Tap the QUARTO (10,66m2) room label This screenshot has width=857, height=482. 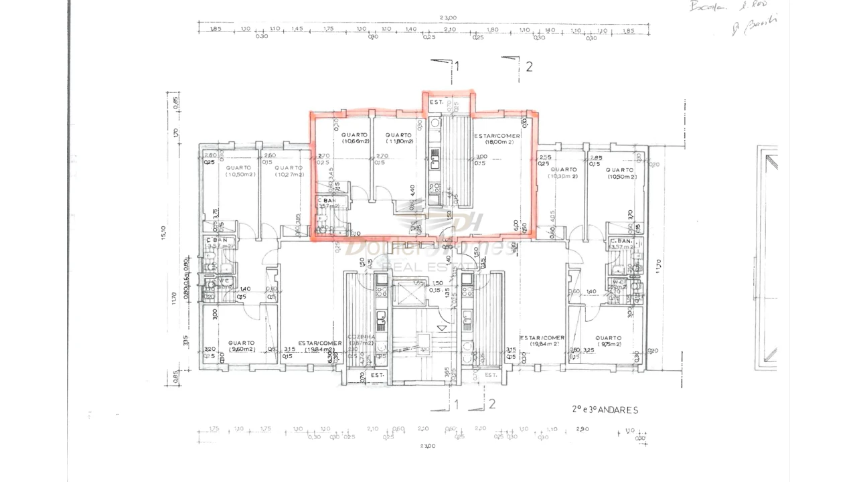point(355,138)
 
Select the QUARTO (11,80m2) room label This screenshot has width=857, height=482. point(398,138)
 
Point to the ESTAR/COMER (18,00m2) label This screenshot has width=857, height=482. point(497,139)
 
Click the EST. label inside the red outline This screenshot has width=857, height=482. point(436,102)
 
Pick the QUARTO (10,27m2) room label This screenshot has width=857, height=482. point(289,171)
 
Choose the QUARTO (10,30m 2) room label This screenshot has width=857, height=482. point(563,173)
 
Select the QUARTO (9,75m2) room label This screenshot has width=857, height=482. point(609,341)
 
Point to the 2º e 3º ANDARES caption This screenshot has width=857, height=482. point(605,410)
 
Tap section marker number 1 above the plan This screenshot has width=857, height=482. point(457,66)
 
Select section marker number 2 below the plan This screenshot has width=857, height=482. point(492,404)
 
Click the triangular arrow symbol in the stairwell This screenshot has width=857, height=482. point(441,327)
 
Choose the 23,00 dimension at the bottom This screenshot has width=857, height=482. point(428,445)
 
